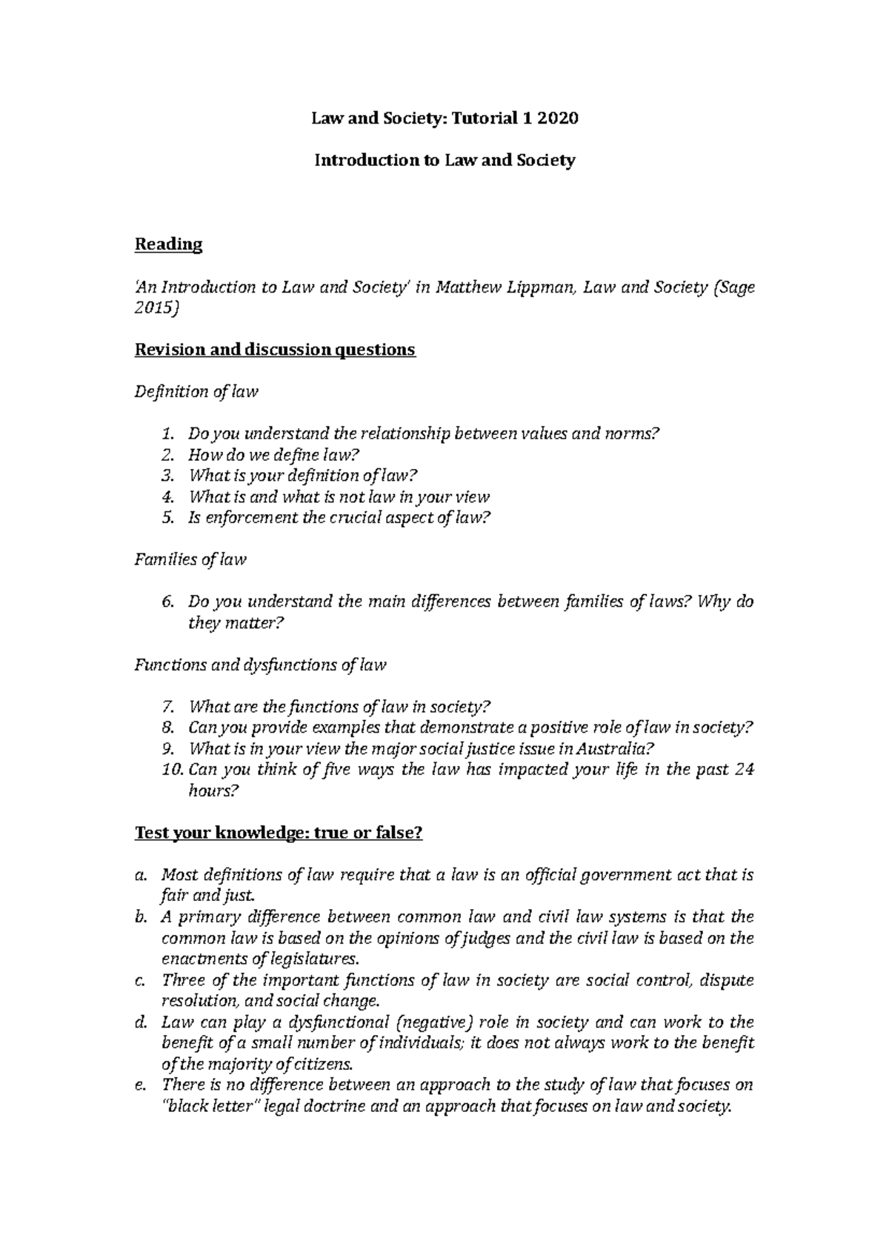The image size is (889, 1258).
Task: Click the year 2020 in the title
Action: pyautogui.click(x=556, y=118)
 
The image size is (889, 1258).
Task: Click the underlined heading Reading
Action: pyautogui.click(x=168, y=244)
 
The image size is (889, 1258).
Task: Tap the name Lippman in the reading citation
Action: pyautogui.click(x=539, y=287)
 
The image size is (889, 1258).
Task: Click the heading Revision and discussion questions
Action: pyautogui.click(x=275, y=349)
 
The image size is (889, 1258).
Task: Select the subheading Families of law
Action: pyautogui.click(x=190, y=559)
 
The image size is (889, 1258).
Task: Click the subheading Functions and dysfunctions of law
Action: pyautogui.click(x=260, y=665)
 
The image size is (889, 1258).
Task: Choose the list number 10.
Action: pyautogui.click(x=170, y=769)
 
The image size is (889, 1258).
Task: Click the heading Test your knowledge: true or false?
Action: pyautogui.click(x=278, y=833)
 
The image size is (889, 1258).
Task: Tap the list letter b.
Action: pyautogui.click(x=140, y=917)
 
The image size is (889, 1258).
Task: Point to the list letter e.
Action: pyautogui.click(x=140, y=1085)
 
